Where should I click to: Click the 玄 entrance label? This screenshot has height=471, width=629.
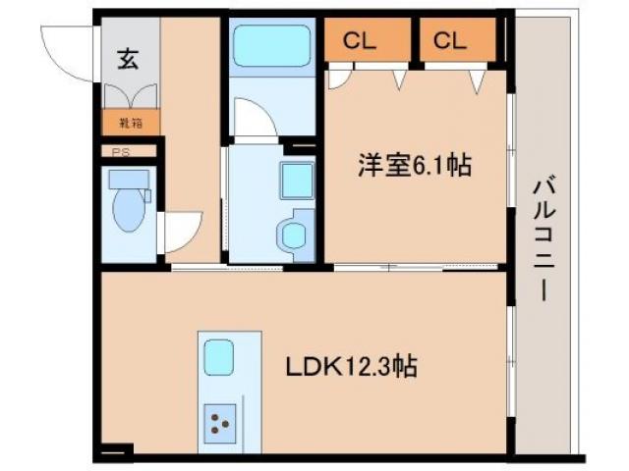click(129, 58)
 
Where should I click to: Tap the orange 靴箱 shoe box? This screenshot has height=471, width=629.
click(130, 125)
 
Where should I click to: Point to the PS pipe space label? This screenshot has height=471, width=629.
click(120, 152)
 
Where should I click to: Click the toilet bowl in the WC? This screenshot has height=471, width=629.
click(129, 211)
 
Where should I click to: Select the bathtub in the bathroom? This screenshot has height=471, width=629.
click(271, 46)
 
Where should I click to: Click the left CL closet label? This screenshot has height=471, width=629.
click(359, 40)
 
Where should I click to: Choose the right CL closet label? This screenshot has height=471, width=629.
click(449, 40)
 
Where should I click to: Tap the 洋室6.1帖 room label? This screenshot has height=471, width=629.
click(413, 167)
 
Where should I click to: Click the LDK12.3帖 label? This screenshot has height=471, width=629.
click(351, 368)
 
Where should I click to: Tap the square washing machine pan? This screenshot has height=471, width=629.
click(295, 179)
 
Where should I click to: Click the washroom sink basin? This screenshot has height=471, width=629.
click(293, 234)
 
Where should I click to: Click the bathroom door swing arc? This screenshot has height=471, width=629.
click(257, 123)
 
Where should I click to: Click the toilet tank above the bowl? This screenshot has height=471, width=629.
click(129, 180)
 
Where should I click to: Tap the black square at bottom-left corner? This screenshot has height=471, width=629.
click(114, 452)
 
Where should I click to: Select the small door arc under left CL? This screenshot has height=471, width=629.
click(340, 78)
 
